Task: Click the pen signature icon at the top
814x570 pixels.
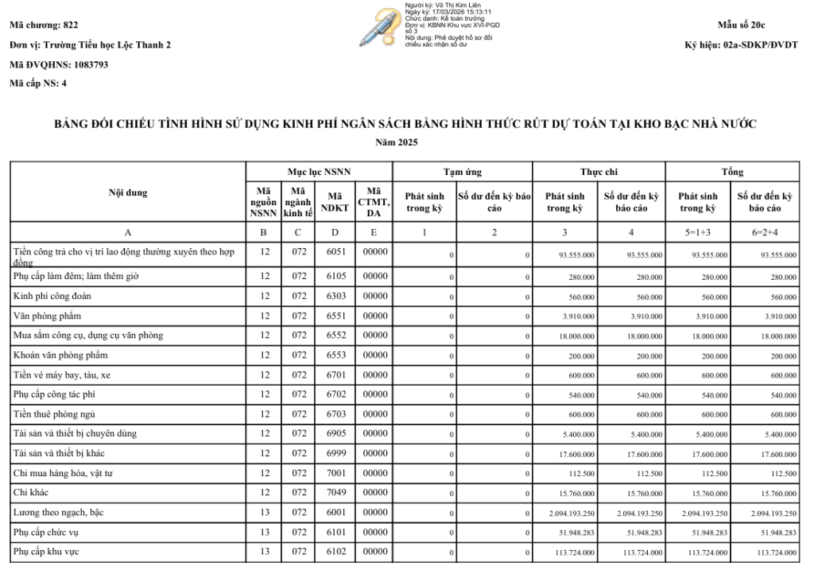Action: tap(379, 28)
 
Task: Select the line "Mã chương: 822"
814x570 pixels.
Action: tap(44, 26)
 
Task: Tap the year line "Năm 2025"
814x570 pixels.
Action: tap(406, 142)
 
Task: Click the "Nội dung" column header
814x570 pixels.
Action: tap(127, 192)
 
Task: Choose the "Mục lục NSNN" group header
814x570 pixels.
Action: tap(319, 172)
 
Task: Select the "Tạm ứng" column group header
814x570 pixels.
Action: tap(462, 172)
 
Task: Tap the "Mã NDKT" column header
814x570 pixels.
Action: tap(335, 202)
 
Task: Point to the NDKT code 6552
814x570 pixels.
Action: tap(335, 335)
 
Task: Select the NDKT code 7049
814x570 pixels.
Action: tap(335, 493)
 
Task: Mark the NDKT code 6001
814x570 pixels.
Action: tap(335, 513)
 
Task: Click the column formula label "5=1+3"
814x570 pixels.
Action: tap(698, 233)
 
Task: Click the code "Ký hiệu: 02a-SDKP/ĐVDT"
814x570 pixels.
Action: tap(741, 45)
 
